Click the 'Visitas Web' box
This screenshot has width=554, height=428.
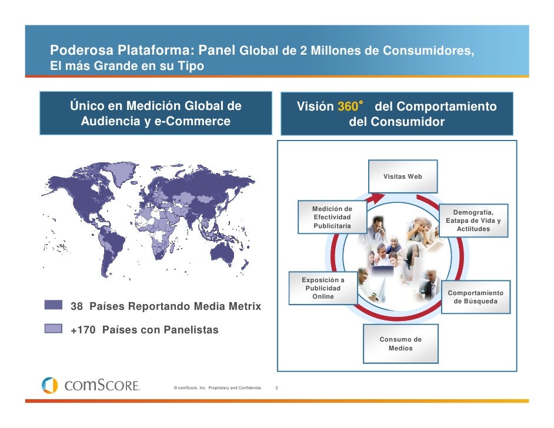403,176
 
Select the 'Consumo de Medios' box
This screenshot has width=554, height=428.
401,344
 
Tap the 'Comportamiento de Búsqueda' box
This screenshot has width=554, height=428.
475,297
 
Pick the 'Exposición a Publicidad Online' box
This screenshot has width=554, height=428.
323,288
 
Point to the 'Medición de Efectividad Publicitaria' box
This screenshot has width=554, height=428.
332,218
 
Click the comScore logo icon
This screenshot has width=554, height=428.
49,386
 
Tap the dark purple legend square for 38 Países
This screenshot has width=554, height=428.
54,304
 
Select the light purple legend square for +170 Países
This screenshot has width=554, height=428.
54,327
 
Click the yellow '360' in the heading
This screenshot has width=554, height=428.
348,107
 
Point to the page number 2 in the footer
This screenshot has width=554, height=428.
276,387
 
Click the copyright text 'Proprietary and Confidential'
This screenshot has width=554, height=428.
235,387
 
